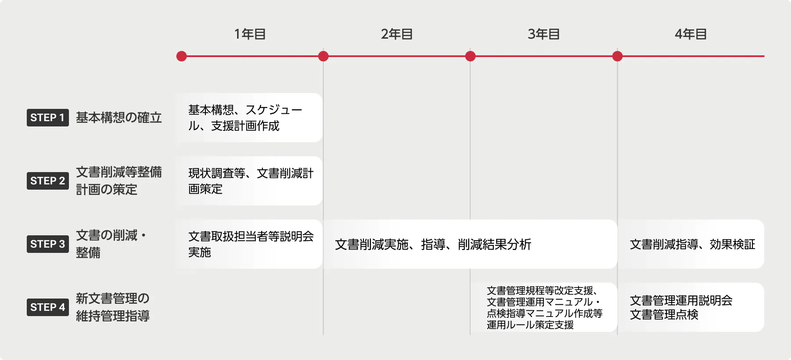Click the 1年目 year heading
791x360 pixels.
(x=250, y=34)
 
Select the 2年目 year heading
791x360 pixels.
(x=397, y=34)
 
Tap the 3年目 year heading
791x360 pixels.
(x=544, y=34)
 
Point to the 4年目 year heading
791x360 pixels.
(x=691, y=34)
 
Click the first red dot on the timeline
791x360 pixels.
(x=181, y=56)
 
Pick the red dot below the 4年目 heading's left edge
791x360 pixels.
(x=617, y=56)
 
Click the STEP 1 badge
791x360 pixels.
(x=47, y=118)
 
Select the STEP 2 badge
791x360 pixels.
(x=47, y=181)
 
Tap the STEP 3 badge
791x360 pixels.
(x=47, y=244)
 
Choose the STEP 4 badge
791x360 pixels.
(x=47, y=307)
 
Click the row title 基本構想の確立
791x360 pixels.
(x=119, y=118)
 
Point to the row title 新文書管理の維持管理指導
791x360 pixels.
(x=112, y=307)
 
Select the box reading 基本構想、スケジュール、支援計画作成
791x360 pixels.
(x=249, y=118)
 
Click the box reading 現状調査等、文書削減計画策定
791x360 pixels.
(x=249, y=181)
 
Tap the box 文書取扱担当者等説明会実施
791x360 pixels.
(x=249, y=244)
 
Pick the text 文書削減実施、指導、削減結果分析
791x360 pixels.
(x=433, y=245)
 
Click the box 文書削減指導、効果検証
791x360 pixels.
(x=692, y=245)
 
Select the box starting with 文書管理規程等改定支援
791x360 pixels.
(x=544, y=307)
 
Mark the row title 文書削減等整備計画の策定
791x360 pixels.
(x=119, y=181)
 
